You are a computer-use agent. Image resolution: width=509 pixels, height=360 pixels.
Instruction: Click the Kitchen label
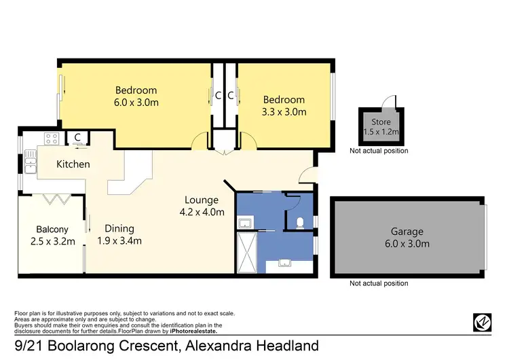73,164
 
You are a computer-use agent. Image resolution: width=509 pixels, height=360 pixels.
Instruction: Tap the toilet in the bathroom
300,221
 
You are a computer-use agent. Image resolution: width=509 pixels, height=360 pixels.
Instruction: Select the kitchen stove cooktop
50,139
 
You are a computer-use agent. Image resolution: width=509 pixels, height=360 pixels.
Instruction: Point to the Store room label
381,122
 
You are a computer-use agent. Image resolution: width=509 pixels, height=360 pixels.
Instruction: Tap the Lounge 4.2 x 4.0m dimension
202,212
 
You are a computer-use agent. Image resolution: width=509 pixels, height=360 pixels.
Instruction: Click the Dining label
119,228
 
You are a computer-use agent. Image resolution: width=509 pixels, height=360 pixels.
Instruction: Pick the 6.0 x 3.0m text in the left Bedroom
136,103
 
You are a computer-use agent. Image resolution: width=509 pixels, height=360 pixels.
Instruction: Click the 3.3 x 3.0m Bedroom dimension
284,112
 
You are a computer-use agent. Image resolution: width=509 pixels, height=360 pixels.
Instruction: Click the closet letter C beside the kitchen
78,137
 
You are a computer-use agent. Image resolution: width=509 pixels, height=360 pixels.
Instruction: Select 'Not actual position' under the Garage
379,283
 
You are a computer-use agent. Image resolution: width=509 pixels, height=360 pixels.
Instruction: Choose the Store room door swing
388,103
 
